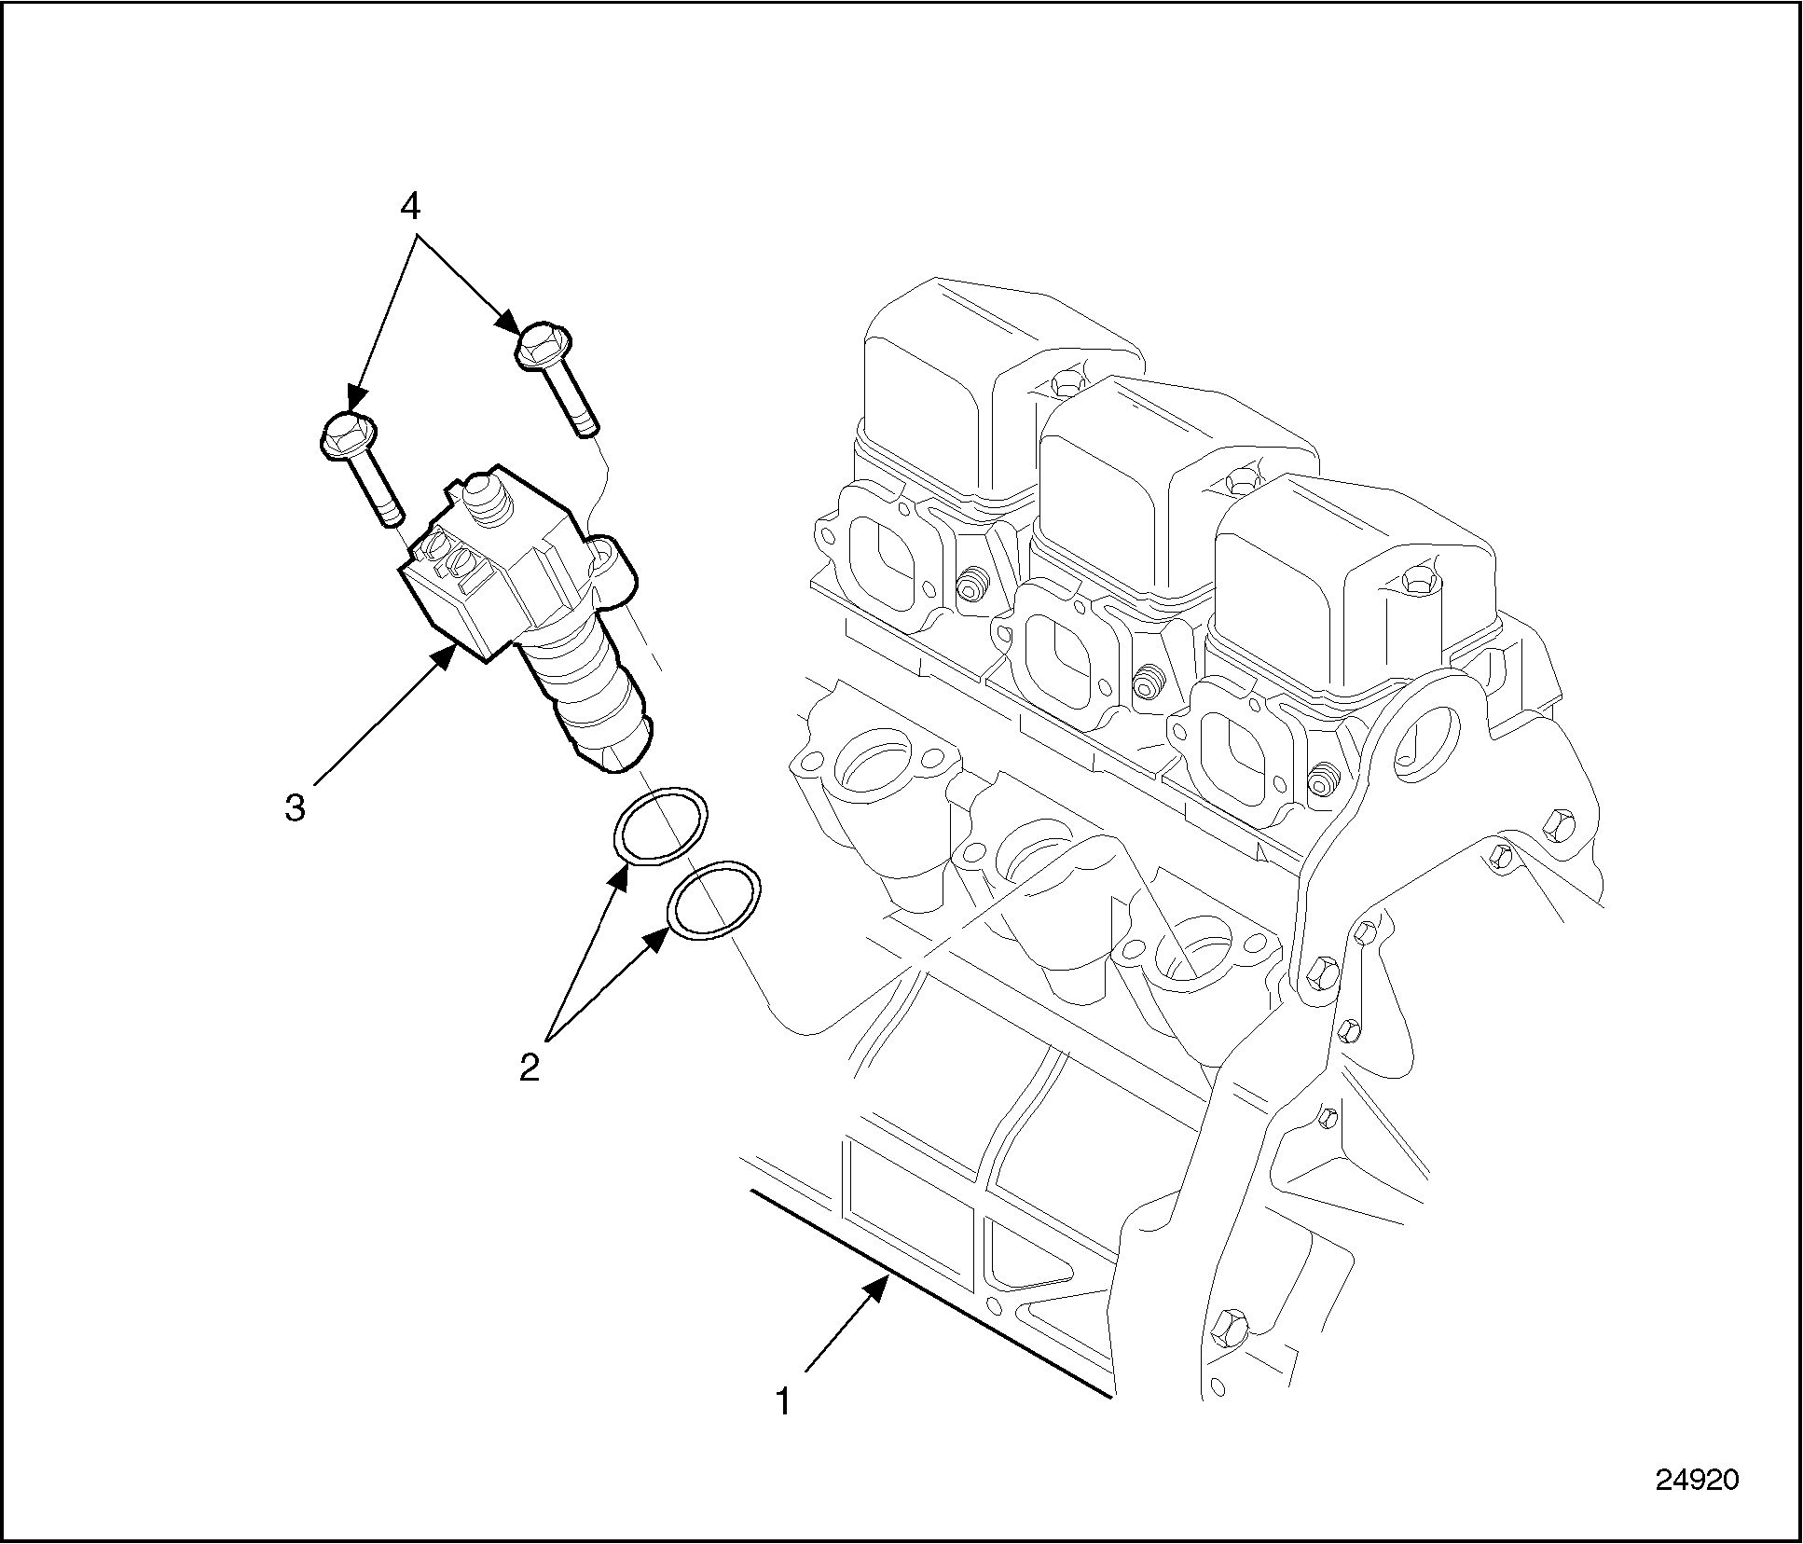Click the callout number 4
411,208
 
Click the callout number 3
295,807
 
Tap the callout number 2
530,1068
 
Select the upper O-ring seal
660,826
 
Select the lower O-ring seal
713,902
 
